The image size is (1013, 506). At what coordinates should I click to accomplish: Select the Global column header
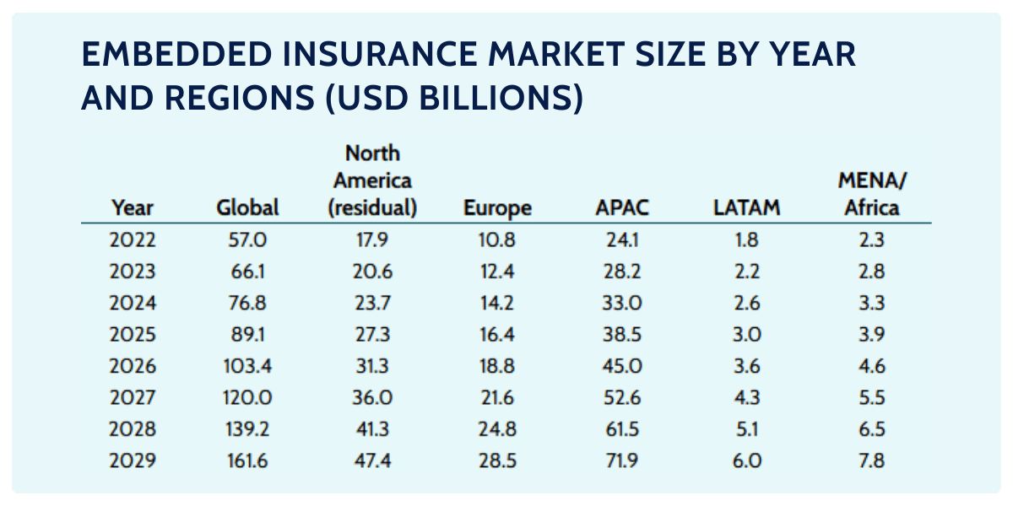(247, 208)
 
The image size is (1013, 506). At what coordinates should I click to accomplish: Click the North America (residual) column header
(372, 181)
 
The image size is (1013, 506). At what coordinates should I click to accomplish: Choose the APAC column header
(624, 208)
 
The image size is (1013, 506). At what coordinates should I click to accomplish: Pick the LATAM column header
(746, 208)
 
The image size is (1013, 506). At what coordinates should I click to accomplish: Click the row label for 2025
(133, 335)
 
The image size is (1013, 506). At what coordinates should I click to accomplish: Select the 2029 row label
(133, 461)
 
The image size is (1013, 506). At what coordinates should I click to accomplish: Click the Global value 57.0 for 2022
(247, 240)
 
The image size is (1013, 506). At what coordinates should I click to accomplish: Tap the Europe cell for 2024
(497, 304)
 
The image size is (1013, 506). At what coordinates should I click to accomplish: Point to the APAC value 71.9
(624, 461)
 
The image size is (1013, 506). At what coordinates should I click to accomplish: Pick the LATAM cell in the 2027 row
(746, 398)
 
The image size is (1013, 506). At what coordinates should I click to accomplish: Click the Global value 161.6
(247, 461)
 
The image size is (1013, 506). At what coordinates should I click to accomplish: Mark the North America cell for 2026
(372, 367)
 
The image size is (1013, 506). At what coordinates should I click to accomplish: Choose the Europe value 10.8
(497, 240)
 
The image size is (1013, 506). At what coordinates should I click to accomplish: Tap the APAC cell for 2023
(624, 272)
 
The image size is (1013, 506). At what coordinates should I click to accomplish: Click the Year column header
(132, 208)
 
